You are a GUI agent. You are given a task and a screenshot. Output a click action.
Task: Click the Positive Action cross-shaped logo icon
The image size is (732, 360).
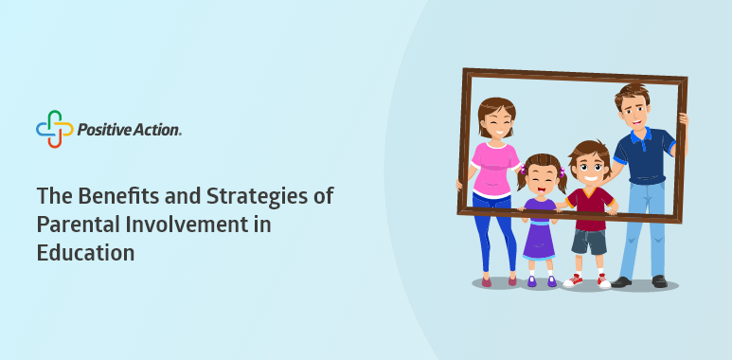(55, 129)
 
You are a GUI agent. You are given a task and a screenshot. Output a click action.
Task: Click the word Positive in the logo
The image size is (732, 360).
(101, 130)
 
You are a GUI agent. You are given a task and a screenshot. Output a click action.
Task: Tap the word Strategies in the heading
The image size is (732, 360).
(256, 196)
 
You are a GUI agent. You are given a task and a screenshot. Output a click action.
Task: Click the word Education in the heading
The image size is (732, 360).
(85, 253)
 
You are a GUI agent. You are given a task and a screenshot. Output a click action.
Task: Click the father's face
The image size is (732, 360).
(633, 113)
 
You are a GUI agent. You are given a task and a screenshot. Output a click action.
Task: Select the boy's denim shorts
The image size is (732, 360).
(589, 241)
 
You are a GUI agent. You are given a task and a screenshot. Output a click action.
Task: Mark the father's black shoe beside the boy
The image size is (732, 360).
(621, 282)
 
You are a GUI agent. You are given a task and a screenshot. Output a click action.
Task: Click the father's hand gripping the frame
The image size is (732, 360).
(684, 118)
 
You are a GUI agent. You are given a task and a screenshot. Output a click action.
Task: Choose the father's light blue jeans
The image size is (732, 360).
(643, 229)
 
